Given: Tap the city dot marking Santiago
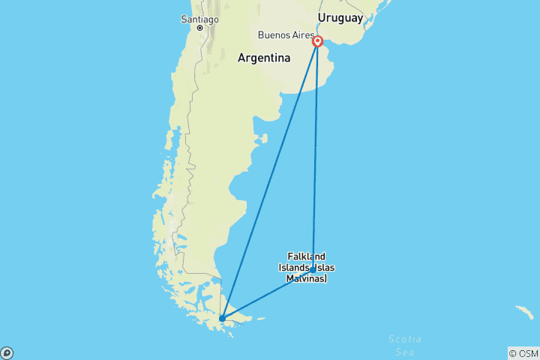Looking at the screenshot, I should tap(199, 28).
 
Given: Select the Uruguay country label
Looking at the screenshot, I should tap(340, 17).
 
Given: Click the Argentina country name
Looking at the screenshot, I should tap(264, 58).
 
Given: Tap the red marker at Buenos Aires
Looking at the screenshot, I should tap(317, 42).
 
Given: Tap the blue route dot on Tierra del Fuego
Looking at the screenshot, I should tap(222, 318).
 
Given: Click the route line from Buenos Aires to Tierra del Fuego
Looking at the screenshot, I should tap(270, 180).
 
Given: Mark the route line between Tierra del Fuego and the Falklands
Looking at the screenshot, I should tap(268, 294).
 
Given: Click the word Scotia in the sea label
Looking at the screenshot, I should tap(404, 339).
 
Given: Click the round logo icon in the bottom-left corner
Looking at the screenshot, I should tap(7, 353).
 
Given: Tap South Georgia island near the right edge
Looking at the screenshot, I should tap(523, 310).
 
